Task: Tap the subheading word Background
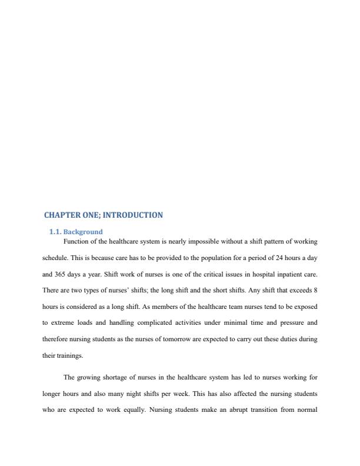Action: pyautogui.click(x=83, y=232)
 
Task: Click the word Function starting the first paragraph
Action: pyautogui.click(x=76, y=241)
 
